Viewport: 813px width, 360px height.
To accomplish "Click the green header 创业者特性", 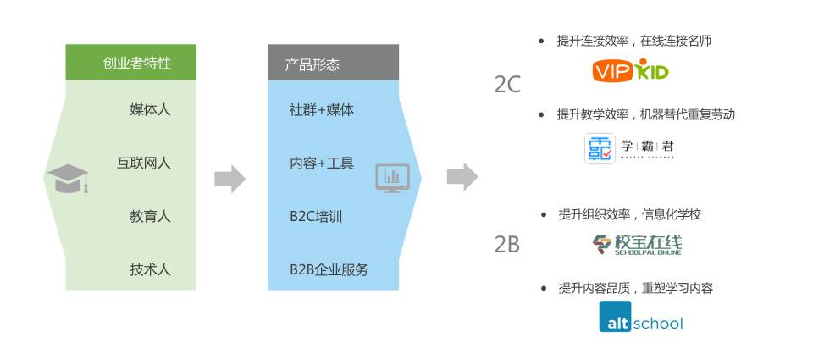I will [x=131, y=63].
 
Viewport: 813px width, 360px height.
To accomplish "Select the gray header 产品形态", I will [x=334, y=63].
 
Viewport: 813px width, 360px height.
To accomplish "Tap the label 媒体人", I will [x=150, y=109].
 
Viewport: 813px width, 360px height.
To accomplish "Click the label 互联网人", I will [x=143, y=163].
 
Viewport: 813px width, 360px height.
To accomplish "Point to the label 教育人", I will [x=150, y=216].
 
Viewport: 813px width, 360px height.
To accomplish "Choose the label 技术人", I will [x=150, y=269].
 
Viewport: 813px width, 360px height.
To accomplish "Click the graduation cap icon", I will [x=68, y=178].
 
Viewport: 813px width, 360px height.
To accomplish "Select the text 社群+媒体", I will [x=322, y=109].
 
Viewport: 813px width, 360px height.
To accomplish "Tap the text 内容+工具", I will [x=322, y=163].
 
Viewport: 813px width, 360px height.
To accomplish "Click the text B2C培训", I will [x=316, y=216].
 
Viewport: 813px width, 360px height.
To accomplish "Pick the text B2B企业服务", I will [x=329, y=269].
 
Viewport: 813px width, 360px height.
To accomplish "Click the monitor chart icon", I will [x=392, y=178].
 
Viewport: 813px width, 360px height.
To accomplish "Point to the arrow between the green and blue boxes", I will [x=230, y=178].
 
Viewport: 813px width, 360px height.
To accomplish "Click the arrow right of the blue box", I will [x=462, y=178].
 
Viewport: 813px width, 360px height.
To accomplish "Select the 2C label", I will [x=507, y=85].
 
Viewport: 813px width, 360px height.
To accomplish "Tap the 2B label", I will [x=507, y=245].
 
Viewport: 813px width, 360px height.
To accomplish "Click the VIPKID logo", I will [x=630, y=70].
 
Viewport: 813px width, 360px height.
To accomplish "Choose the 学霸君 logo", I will [x=630, y=148].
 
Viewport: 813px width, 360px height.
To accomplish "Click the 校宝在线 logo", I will [x=637, y=244].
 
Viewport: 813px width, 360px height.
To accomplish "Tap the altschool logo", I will [x=640, y=322].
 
